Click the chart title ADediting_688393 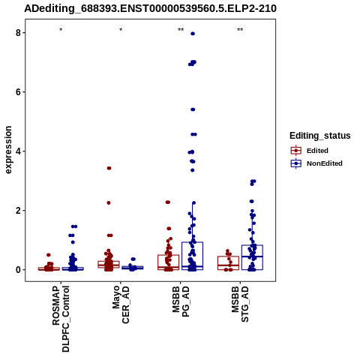tap(150, 8)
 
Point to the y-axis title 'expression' tap(8, 150)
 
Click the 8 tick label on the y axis tap(18, 33)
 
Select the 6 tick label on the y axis tap(18, 92)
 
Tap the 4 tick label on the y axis tap(18, 151)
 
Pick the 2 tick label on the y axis tap(18, 211)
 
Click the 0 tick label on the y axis tap(18, 270)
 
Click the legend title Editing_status tap(319, 136)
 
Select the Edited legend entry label tap(317, 151)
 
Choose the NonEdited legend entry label tap(325, 163)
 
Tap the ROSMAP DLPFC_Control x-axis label tap(61, 319)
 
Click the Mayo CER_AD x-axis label tap(121, 305)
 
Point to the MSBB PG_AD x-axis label tap(181, 301)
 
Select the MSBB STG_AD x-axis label tap(240, 304)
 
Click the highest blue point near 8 tap(193, 34)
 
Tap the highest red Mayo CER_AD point tap(109, 168)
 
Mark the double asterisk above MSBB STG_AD tap(240, 30)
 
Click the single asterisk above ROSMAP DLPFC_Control tap(61, 30)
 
